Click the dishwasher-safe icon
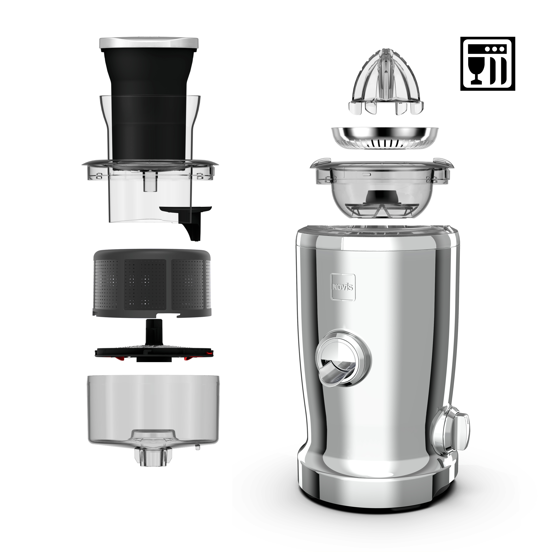(487, 64)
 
